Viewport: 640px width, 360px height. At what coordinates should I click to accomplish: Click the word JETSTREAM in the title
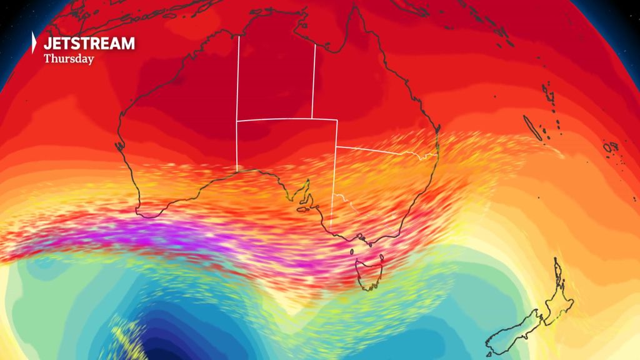pos(89,43)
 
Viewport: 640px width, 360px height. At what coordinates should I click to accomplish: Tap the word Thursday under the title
pos(69,59)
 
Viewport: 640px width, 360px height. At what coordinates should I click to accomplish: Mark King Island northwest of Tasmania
pos(351,252)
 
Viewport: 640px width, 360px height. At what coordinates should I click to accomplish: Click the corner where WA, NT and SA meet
pos(237,120)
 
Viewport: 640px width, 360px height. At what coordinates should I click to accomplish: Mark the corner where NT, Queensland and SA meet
pos(312,118)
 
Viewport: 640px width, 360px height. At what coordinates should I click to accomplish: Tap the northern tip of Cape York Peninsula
pos(354,7)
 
